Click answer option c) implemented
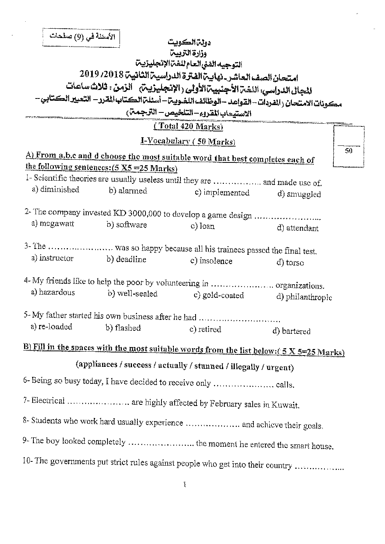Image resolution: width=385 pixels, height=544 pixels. [222, 193]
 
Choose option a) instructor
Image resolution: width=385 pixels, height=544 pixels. [52, 258]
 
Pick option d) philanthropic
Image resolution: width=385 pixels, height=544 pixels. [304, 297]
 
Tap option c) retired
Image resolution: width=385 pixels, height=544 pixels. [205, 330]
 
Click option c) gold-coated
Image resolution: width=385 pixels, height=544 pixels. [219, 295]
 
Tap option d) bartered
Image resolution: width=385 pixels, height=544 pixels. [291, 331]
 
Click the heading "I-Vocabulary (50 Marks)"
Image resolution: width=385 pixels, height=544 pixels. [188, 142]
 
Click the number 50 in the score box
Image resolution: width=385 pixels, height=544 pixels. [349, 150]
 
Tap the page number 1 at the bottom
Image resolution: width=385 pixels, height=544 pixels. [185, 484]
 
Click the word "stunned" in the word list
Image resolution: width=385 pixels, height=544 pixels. [209, 366]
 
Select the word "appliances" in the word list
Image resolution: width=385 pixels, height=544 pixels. [97, 364]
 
